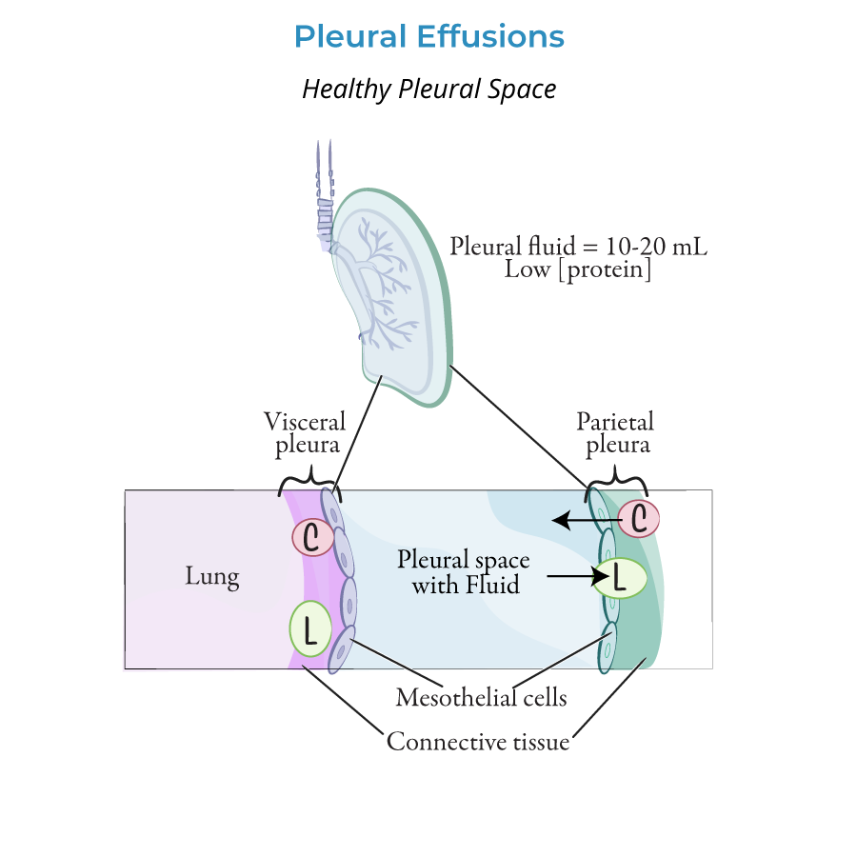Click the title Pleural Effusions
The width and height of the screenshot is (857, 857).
click(x=428, y=37)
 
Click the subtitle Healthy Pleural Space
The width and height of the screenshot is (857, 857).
click(x=428, y=90)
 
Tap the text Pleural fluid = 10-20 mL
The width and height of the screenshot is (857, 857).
click(x=578, y=247)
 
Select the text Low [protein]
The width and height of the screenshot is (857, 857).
click(x=578, y=270)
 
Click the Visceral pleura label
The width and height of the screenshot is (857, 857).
click(x=305, y=432)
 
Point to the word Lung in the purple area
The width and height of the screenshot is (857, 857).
click(x=211, y=577)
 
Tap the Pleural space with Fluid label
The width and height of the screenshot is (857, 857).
click(x=465, y=571)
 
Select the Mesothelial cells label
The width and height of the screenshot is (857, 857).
click(x=481, y=698)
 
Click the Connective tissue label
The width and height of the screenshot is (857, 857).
click(x=477, y=741)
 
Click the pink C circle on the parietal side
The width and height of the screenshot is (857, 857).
click(x=640, y=519)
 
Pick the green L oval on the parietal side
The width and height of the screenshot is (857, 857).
click(x=620, y=578)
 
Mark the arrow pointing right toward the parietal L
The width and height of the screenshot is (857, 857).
click(x=571, y=577)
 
